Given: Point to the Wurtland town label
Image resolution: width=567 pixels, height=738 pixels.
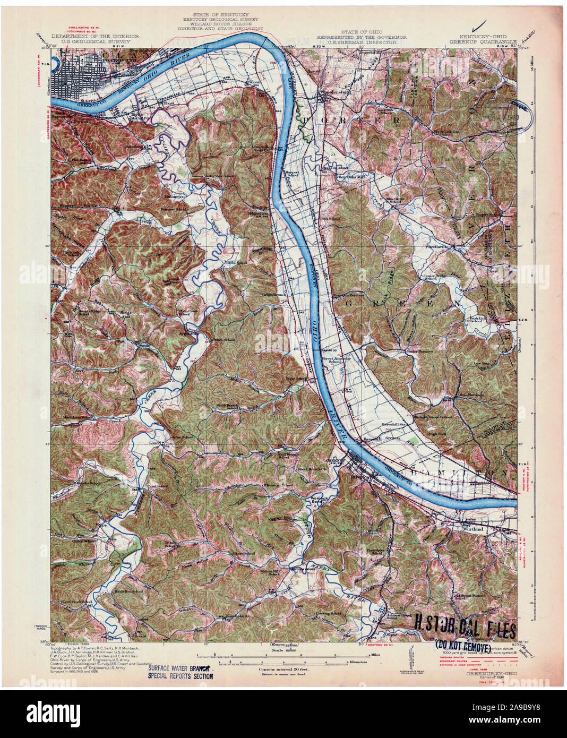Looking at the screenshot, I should pyautogui.click(x=472, y=529).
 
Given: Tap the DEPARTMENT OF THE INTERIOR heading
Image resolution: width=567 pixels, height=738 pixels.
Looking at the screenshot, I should pyautogui.click(x=94, y=37).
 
